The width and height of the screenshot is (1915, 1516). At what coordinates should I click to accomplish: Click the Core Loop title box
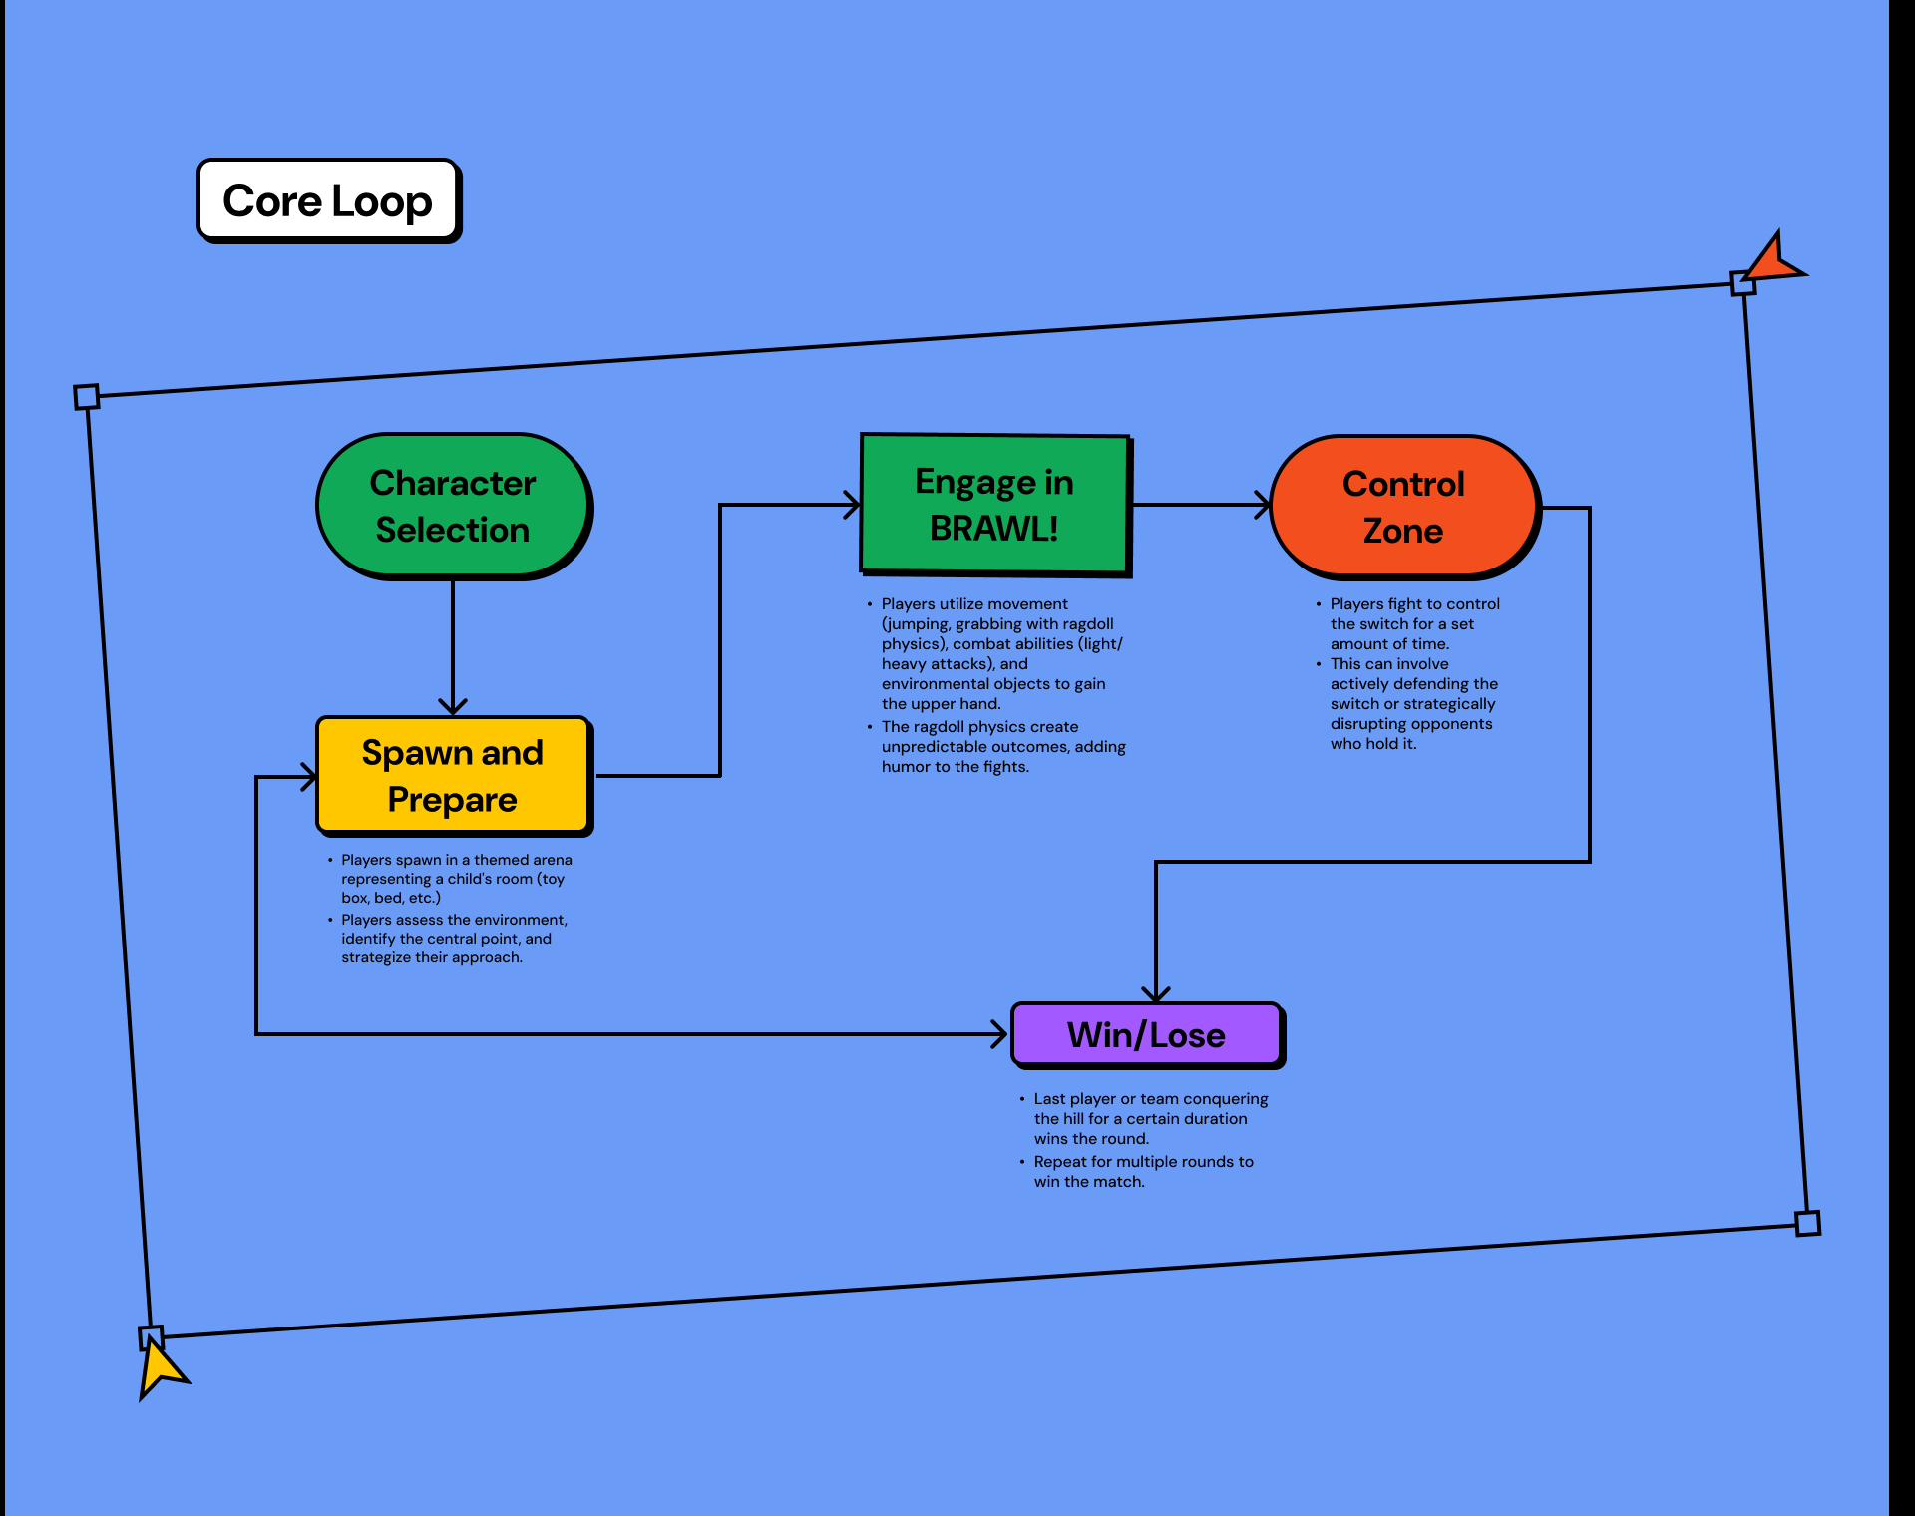pos(328,200)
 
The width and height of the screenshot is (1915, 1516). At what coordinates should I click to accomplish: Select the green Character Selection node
pos(453,506)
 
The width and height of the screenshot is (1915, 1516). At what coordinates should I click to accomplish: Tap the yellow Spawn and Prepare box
pos(453,775)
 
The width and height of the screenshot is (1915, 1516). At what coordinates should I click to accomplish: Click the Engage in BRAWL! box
pos(994,505)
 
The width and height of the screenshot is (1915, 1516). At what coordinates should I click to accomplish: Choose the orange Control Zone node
pos(1403,507)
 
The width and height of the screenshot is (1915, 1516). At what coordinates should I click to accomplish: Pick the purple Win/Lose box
pos(1146,1034)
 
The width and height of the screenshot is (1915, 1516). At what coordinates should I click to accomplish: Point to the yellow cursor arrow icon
pos(159,1368)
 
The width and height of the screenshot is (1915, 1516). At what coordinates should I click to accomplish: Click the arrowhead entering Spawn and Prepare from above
pos(453,707)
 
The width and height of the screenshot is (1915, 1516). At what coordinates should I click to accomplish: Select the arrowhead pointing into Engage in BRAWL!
pos(852,505)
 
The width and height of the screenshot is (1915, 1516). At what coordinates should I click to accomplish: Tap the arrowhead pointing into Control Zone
pos(1263,505)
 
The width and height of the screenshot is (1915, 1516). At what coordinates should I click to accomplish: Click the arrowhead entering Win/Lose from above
pos(1156,994)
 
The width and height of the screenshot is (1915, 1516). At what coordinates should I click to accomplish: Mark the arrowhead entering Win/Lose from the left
pos(999,1034)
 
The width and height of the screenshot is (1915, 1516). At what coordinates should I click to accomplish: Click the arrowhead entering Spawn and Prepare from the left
pos(309,776)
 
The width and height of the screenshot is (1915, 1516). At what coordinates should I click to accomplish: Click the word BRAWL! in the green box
pos(993,529)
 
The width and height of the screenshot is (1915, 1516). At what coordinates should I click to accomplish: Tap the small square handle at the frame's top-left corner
pos(87,397)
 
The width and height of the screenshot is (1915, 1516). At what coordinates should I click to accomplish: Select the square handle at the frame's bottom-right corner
pos(1807,1223)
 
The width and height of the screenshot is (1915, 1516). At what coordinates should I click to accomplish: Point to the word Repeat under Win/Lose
pos(1060,1162)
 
